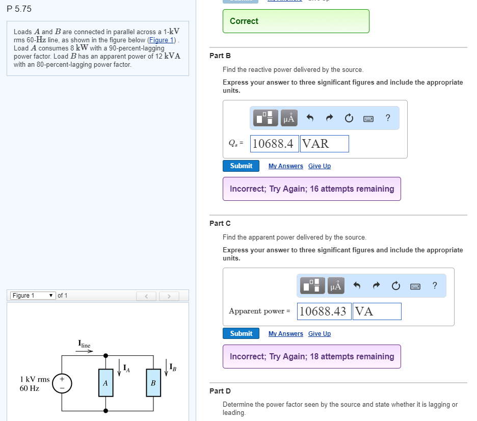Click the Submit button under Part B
(241, 166)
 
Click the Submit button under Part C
(241, 333)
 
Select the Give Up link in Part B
(319, 166)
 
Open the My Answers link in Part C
(285, 334)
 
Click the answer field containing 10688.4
(274, 144)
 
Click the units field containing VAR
(325, 144)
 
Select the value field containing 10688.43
(323, 311)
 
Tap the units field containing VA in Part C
(377, 311)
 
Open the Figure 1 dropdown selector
(33, 296)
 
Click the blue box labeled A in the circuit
(105, 382)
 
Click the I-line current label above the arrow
(84, 344)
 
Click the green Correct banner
(296, 21)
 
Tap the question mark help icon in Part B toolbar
(388, 118)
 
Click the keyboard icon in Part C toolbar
(415, 286)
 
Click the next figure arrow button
(169, 296)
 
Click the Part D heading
(220, 391)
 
